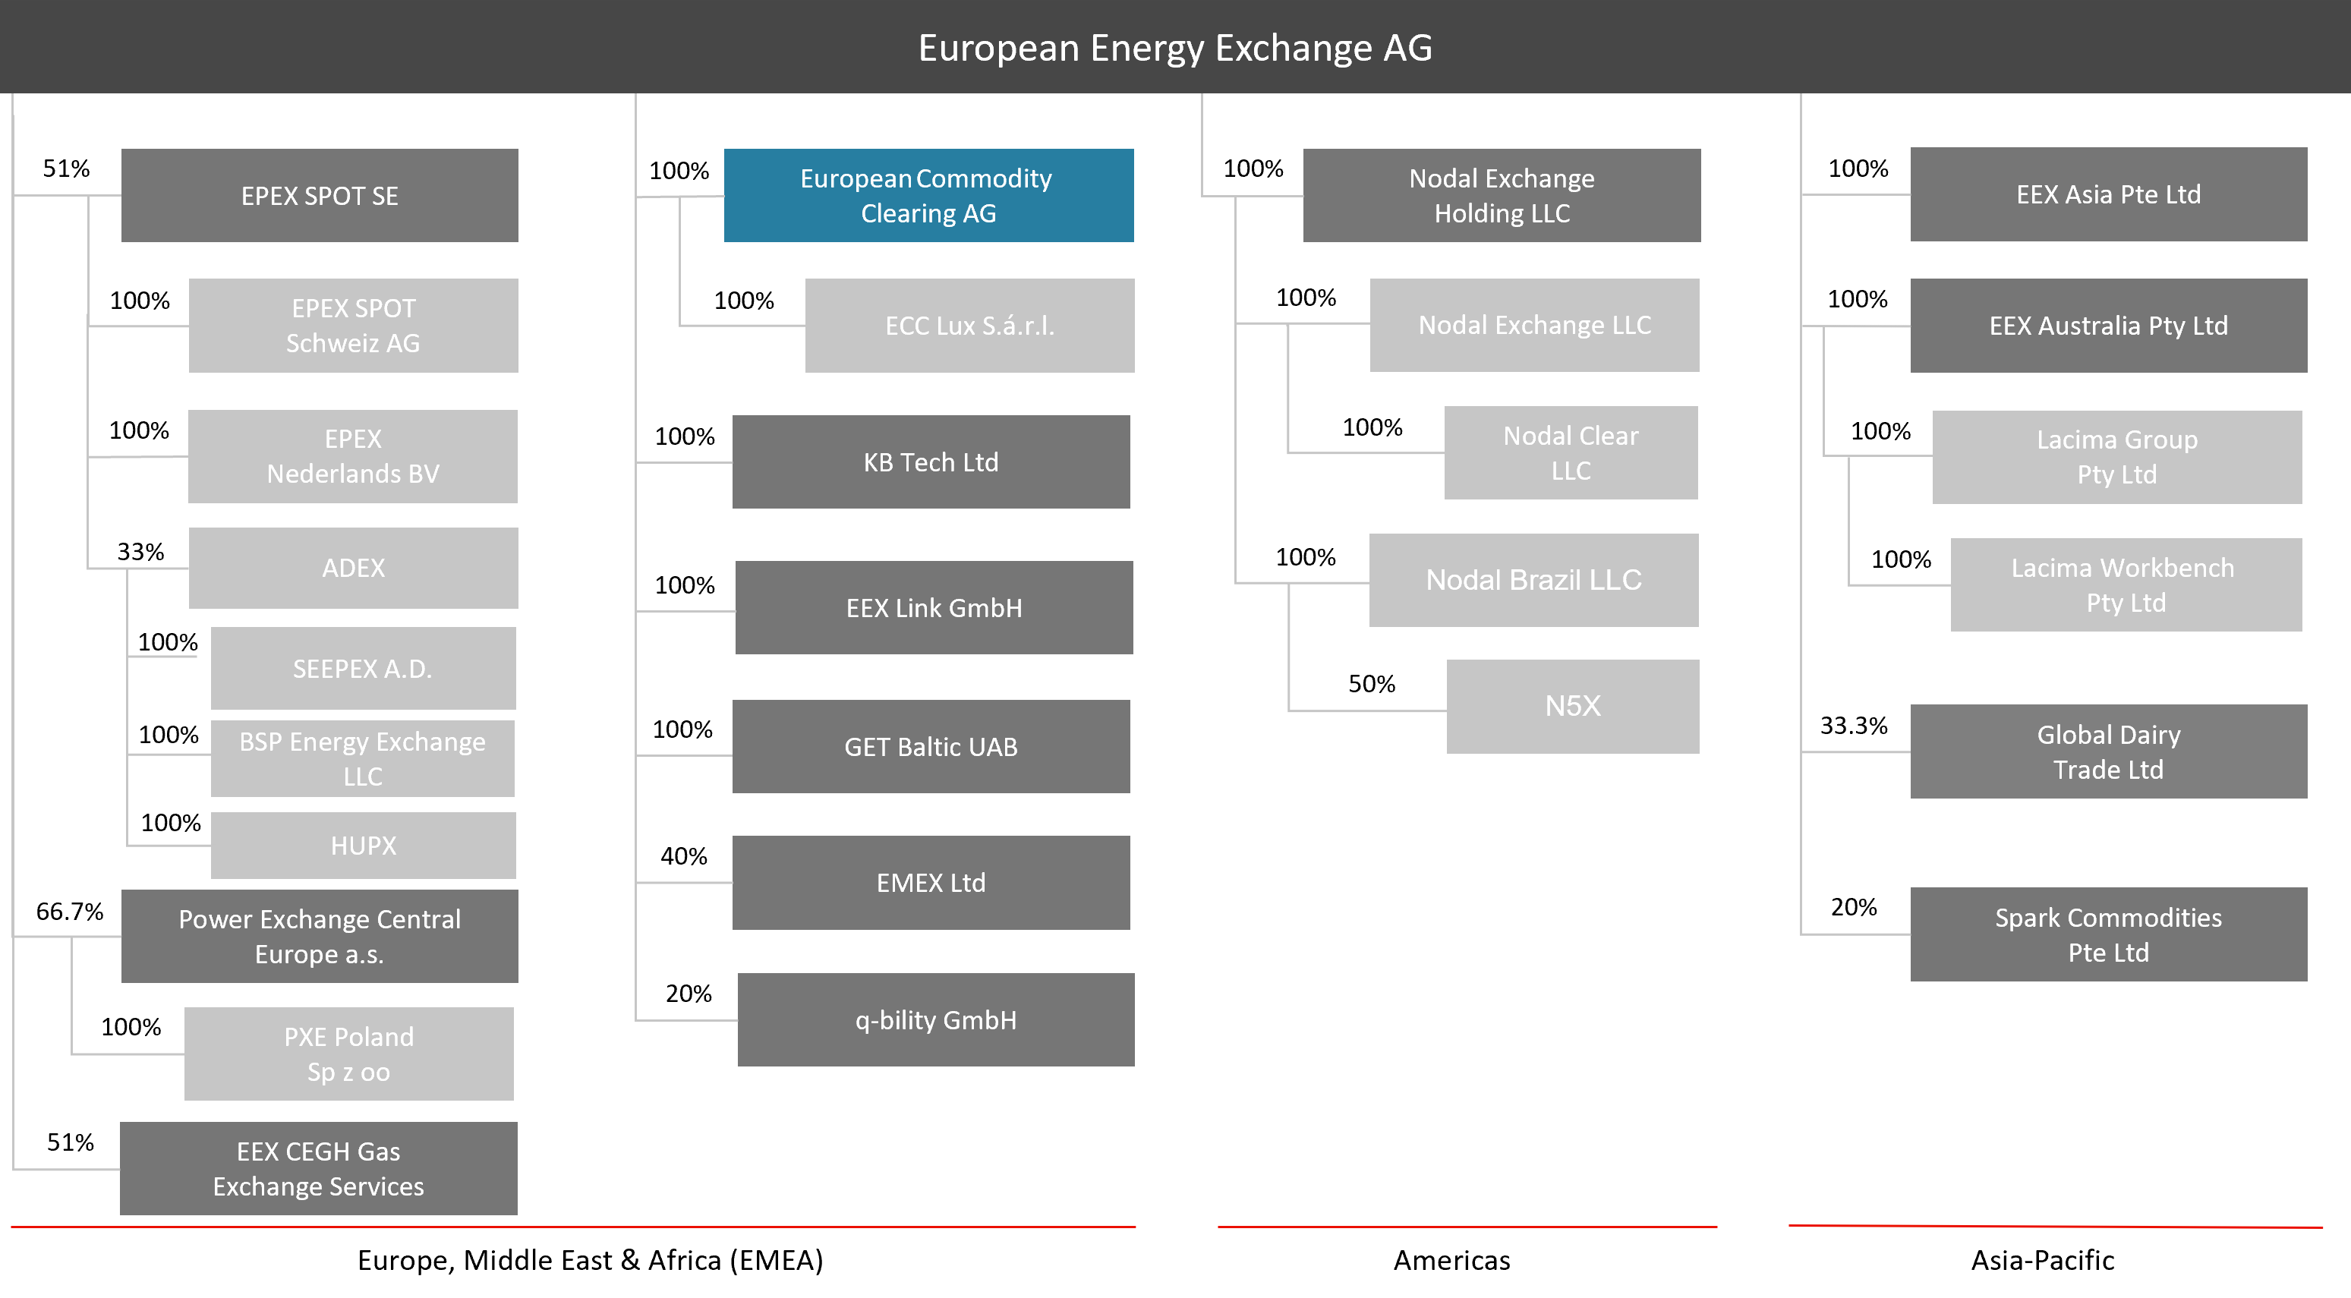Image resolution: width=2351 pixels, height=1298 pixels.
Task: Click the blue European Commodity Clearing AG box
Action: (x=928, y=195)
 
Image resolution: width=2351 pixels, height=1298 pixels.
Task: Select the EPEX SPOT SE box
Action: (x=320, y=195)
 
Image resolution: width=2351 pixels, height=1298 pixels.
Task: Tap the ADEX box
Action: (x=353, y=568)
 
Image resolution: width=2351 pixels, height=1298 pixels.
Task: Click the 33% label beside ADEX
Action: (x=140, y=553)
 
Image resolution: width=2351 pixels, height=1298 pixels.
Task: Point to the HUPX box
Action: (x=363, y=846)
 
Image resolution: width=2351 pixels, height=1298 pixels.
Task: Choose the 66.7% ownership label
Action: (x=69, y=912)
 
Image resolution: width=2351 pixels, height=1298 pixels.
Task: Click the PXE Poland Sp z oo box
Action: (x=348, y=1054)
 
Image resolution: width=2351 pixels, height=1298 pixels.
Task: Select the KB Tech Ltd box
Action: (x=931, y=462)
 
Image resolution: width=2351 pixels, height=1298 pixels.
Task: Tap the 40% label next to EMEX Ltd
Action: (x=683, y=856)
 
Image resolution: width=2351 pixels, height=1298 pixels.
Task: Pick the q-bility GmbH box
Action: (x=935, y=1019)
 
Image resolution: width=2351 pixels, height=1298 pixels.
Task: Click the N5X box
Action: (x=1572, y=706)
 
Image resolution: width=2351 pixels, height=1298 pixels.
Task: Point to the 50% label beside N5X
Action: (x=1372, y=685)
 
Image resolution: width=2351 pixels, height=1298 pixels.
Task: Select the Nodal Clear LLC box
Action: (x=1571, y=452)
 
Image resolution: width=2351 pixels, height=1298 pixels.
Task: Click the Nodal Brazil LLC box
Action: (x=1533, y=580)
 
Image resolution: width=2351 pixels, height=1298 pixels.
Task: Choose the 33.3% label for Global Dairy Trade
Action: (x=1854, y=726)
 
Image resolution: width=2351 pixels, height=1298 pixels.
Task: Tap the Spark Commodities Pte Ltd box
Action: (x=2108, y=934)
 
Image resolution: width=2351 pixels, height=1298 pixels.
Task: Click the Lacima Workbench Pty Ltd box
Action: (x=2126, y=585)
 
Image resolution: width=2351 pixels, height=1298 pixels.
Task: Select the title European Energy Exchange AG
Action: (x=1174, y=48)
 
